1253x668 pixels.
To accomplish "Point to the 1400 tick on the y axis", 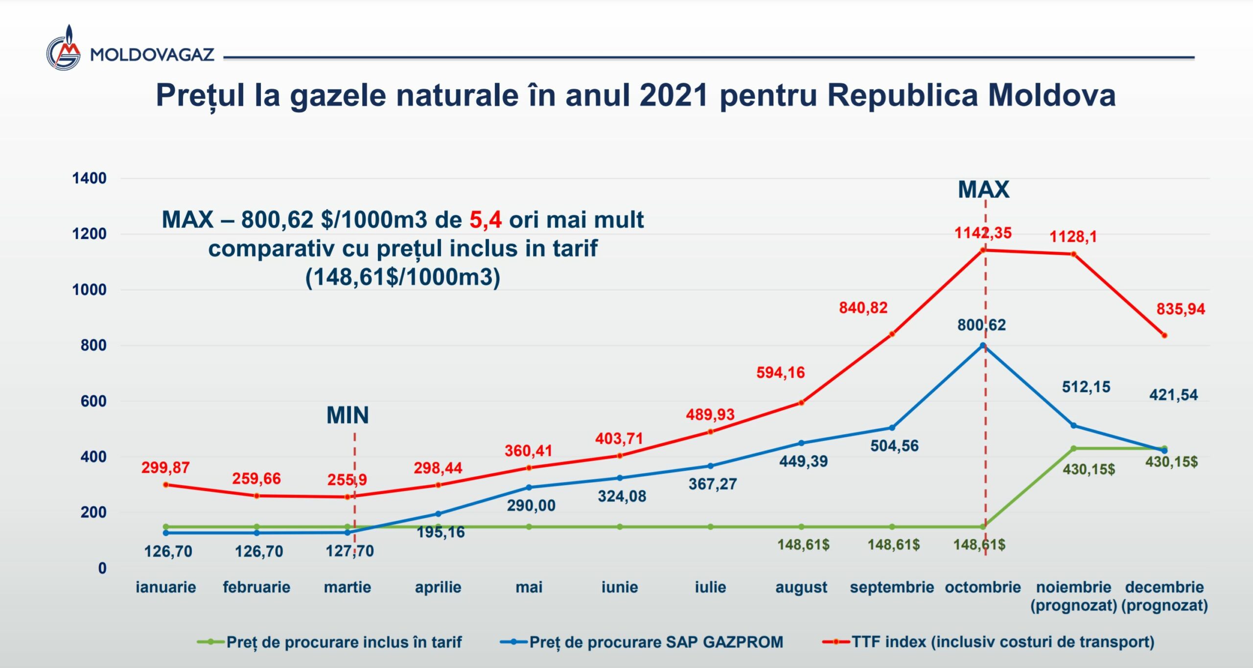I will [89, 178].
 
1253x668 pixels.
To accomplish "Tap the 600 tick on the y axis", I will [93, 401].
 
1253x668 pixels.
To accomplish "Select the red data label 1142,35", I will [983, 233].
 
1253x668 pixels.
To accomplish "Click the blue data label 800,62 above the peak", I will [981, 325].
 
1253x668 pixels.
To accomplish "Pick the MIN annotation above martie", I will [348, 415].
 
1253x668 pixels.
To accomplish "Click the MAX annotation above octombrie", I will [983, 189].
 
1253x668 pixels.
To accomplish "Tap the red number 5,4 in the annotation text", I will [485, 220].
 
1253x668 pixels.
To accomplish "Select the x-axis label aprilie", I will [438, 587].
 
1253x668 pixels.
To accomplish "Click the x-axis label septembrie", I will [892, 587].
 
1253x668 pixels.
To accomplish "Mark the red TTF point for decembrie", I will [1164, 336].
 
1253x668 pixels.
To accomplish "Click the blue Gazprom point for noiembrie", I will [1073, 426].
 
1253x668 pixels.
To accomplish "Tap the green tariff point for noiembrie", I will [1073, 448].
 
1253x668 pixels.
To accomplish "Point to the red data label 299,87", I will [165, 467].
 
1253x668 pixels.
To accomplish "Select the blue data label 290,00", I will [531, 505].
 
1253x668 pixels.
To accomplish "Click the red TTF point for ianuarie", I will [166, 485].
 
